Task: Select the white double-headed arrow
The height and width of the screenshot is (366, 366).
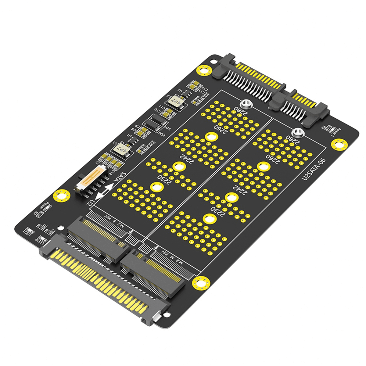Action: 105,191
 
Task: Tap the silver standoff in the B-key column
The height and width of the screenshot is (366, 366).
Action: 246,104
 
